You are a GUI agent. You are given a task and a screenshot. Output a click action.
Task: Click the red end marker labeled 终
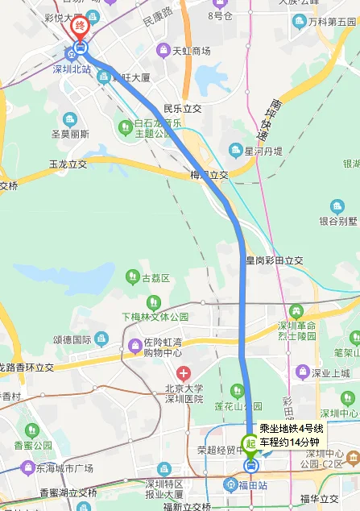79,27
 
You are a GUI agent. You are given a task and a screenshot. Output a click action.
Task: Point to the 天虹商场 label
191,50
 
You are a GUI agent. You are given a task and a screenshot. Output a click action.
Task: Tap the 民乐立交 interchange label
181,107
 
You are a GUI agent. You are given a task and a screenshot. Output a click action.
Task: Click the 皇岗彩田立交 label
274,260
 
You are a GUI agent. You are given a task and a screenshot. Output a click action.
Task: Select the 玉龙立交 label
68,164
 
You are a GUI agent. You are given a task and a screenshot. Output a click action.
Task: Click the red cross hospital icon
184,373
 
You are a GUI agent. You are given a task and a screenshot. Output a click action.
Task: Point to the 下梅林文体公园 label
155,317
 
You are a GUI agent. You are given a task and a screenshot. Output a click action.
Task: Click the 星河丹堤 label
263,150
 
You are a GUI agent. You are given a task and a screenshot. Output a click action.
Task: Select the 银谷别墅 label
337,219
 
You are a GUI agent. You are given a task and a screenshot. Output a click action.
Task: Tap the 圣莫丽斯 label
70,134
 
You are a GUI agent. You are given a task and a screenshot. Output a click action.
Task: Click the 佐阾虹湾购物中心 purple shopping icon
134,347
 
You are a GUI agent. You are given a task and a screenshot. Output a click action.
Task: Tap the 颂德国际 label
72,339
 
